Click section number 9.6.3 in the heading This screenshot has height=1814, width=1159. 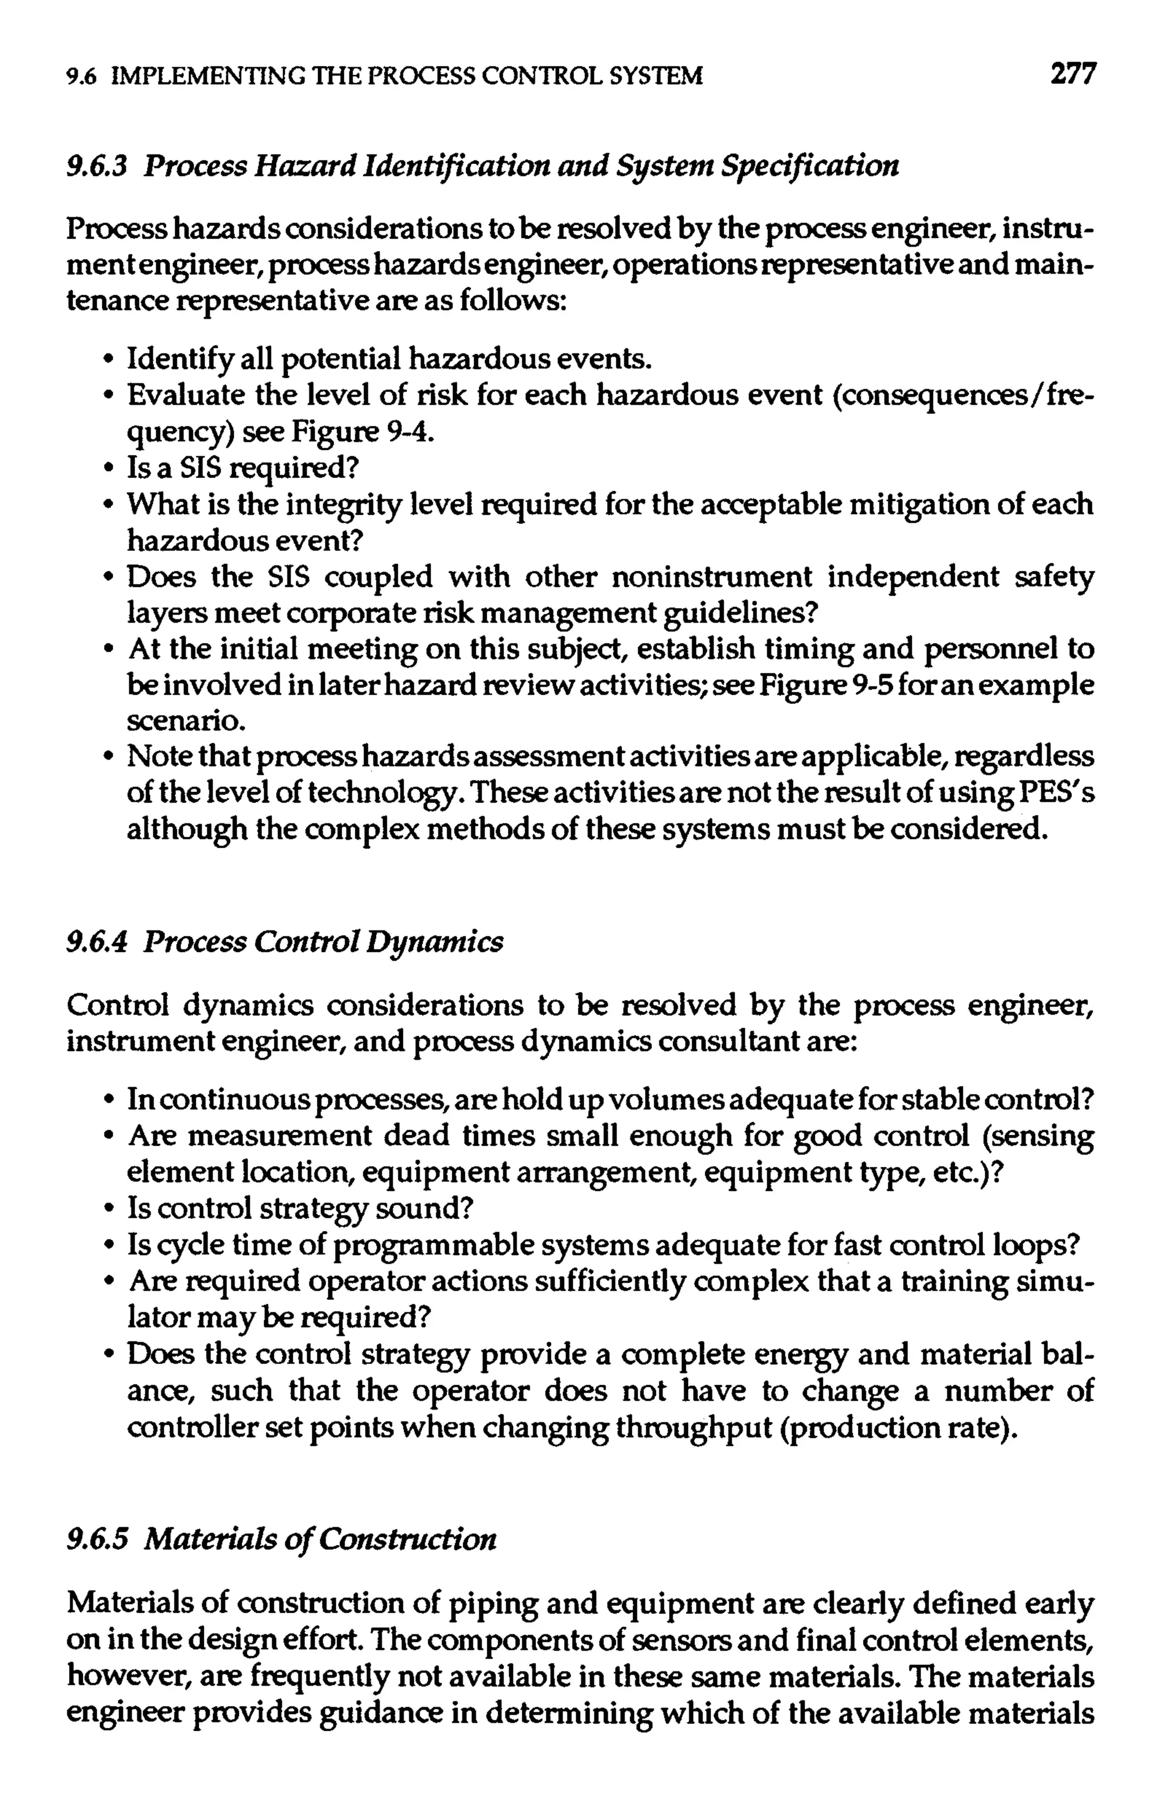tap(95, 166)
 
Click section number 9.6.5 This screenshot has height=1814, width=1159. tap(95, 1540)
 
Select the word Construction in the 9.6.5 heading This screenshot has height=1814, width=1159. tap(407, 1540)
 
